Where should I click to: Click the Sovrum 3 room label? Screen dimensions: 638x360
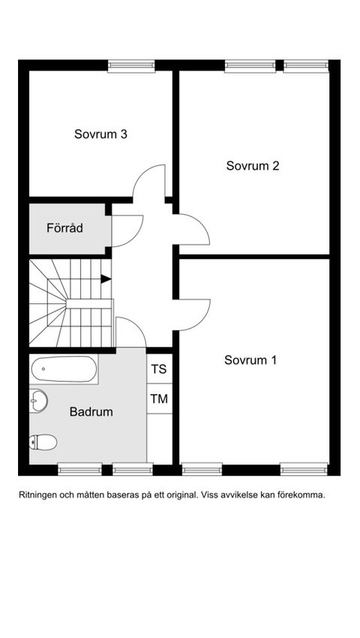(x=100, y=134)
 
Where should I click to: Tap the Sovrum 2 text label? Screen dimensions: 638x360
(x=253, y=166)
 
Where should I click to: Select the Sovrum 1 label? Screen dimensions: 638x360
(x=250, y=360)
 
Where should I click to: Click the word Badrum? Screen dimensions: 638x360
(x=91, y=412)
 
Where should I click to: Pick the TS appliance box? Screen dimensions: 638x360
(x=159, y=369)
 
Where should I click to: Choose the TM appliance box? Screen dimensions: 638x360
(x=159, y=399)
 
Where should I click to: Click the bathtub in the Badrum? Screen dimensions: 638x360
(x=64, y=369)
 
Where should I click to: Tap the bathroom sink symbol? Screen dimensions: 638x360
(x=38, y=401)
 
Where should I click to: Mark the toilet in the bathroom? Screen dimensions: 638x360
(x=43, y=442)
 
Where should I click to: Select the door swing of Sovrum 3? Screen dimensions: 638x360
(x=150, y=182)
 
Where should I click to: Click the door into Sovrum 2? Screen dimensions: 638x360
(x=193, y=229)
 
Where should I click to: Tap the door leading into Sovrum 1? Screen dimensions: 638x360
(x=193, y=314)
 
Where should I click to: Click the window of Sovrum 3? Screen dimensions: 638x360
(x=131, y=66)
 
